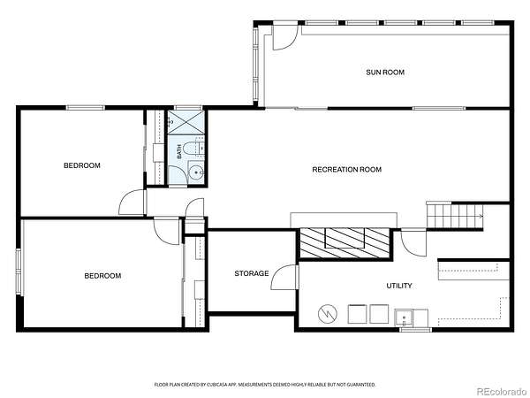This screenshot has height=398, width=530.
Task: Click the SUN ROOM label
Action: pos(385,73)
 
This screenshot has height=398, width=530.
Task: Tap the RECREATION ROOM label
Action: pos(347,169)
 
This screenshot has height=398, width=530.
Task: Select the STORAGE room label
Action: pos(252,273)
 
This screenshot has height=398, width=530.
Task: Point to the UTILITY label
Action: pos(399,286)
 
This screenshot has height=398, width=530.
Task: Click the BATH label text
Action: pos(179,151)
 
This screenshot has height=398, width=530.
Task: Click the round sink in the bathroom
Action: pos(196,172)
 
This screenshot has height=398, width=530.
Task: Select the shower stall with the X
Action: pos(185,121)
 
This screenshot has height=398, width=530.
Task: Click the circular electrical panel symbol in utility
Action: pos(328,314)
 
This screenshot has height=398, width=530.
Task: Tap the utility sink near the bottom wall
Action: pos(404,318)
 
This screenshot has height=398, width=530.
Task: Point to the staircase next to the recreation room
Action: pos(455,216)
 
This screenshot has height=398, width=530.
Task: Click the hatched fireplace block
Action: pos(344,242)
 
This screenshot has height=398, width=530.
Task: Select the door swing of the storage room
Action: pos(284,277)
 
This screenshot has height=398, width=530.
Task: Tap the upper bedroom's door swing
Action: pos(132,202)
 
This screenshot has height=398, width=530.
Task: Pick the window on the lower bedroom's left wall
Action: pos(19,272)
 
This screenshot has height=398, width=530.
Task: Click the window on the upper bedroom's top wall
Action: pos(85,108)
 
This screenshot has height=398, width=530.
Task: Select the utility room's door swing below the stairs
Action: pos(413,244)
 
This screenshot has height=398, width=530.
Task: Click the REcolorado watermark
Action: pos(502,391)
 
